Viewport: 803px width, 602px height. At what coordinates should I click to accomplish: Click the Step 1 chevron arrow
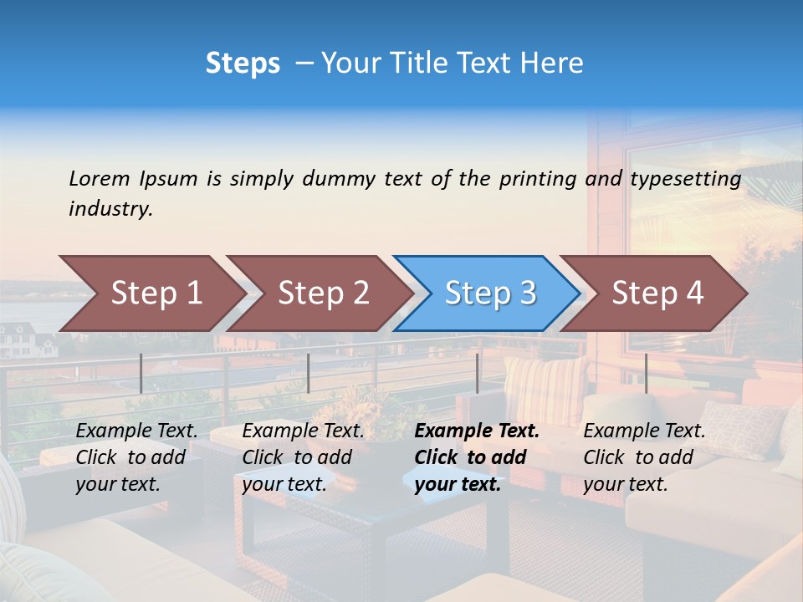(151, 293)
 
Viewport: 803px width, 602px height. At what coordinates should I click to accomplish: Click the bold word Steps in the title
(243, 64)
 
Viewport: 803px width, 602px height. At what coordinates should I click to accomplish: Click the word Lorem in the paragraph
(100, 178)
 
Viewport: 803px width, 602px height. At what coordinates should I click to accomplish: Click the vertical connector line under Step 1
(141, 373)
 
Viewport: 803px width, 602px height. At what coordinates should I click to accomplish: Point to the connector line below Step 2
(309, 373)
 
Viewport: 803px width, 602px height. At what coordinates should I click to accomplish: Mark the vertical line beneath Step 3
(477, 373)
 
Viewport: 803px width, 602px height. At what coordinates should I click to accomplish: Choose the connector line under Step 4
(646, 373)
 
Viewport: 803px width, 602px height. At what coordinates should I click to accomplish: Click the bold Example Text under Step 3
(477, 431)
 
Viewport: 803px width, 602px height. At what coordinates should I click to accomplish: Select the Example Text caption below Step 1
(136, 431)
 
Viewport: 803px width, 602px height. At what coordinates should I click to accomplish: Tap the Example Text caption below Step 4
(644, 431)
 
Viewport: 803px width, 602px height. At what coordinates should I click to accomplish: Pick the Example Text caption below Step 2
(303, 431)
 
